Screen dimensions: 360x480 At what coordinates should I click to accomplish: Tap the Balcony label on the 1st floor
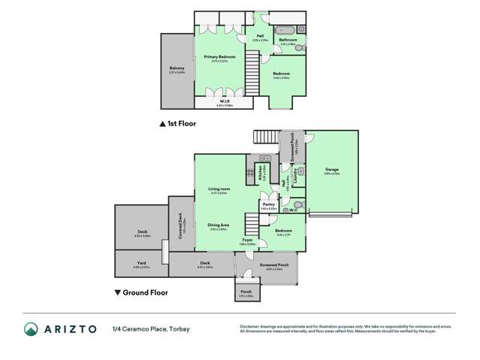click(x=177, y=68)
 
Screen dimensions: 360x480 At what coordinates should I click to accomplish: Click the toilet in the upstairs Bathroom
click(x=300, y=47)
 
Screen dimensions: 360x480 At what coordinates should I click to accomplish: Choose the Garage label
click(x=332, y=170)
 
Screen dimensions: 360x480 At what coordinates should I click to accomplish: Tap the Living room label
click(x=219, y=189)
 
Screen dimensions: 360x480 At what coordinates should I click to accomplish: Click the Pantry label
click(x=268, y=204)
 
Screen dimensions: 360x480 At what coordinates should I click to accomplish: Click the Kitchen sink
click(x=264, y=159)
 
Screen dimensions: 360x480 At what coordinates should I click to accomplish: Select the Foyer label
click(x=247, y=241)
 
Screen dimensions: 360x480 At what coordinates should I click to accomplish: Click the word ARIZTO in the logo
click(x=73, y=329)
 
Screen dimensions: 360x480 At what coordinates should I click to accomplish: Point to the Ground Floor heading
click(x=145, y=292)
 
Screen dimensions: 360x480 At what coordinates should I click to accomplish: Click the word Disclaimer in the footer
click(x=250, y=326)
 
